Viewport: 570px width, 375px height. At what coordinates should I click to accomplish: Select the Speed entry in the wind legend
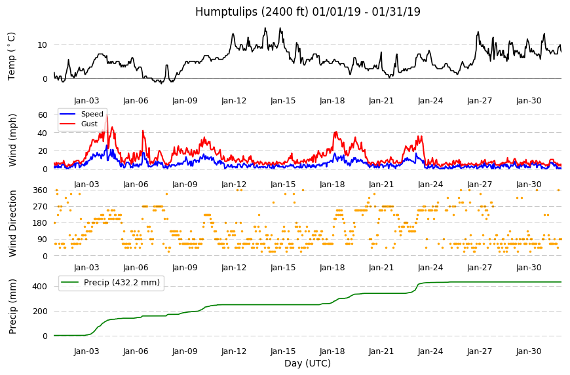92,114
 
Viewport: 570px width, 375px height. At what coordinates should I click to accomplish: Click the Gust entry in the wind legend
89,124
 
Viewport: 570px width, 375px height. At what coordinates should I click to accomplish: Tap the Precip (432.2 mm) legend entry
122,283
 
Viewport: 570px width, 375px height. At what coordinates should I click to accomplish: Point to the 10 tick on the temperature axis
42,45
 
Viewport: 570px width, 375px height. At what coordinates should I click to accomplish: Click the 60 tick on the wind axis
43,115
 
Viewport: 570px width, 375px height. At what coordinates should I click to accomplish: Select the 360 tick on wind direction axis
40,190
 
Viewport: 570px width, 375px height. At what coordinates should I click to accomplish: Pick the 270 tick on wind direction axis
40,207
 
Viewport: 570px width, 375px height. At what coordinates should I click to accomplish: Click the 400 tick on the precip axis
40,287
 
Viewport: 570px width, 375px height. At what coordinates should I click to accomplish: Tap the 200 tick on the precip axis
40,311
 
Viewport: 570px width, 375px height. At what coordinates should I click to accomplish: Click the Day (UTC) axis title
307,363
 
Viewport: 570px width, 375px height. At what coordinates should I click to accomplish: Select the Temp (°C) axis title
12,56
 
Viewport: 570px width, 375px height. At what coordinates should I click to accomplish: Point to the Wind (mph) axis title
12,140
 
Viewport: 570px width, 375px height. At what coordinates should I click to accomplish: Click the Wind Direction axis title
12,223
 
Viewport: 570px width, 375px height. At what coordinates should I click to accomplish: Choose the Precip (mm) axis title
12,306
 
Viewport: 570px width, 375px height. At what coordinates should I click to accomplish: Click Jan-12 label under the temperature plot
234,101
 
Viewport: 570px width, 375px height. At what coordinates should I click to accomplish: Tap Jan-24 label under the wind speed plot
430,185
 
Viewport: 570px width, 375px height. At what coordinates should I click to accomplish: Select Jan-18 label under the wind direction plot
332,268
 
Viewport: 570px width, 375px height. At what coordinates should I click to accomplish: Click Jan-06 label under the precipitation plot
136,351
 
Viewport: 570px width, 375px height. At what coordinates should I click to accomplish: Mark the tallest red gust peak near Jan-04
107,115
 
